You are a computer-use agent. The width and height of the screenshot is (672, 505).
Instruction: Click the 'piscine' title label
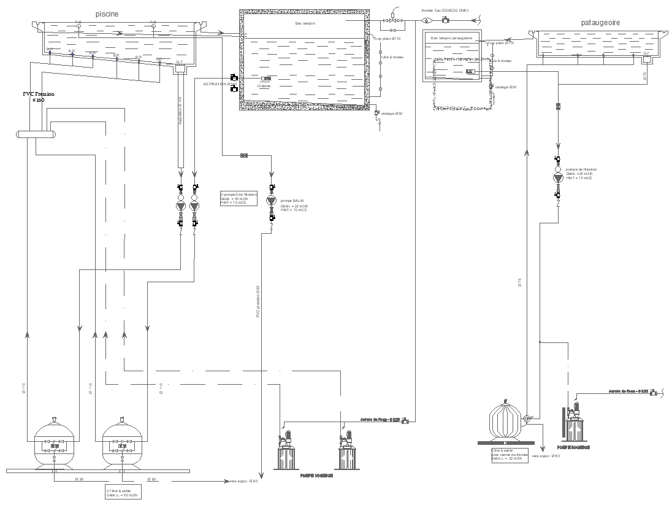click(107, 13)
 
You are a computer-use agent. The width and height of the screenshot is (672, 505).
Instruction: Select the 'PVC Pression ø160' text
click(39, 97)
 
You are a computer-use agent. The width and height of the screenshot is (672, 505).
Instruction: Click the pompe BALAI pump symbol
click(271, 202)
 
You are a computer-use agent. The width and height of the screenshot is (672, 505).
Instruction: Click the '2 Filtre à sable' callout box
click(123, 493)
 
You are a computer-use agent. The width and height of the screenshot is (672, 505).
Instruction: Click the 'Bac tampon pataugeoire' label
click(451, 38)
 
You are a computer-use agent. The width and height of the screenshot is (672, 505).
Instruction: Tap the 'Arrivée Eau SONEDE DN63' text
click(445, 10)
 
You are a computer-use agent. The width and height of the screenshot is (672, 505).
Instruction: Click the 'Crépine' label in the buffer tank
click(264, 86)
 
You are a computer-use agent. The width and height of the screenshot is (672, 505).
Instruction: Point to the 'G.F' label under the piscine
click(179, 62)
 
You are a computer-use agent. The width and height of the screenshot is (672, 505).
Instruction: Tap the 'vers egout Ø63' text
click(546, 456)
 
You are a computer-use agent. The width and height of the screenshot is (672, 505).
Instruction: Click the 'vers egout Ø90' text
click(243, 481)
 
